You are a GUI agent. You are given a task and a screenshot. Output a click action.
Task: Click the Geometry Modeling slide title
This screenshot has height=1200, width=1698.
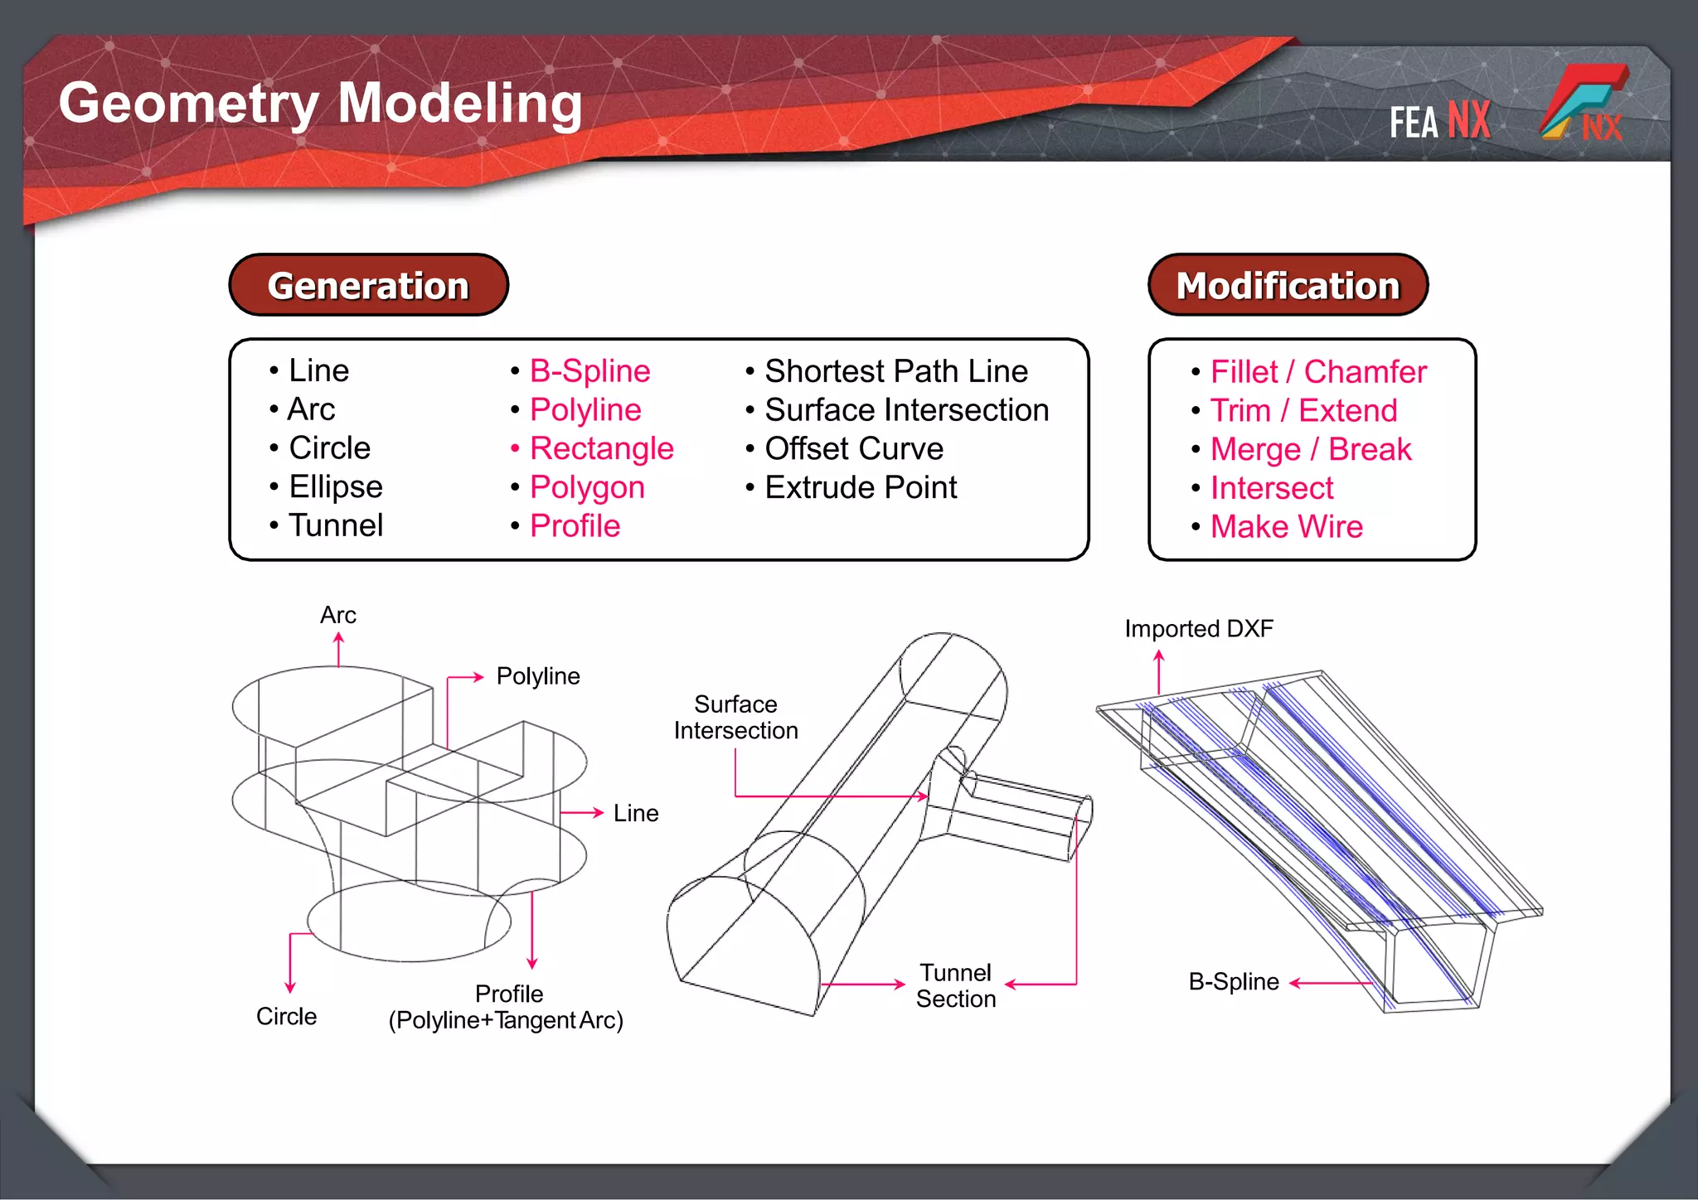pos(320,104)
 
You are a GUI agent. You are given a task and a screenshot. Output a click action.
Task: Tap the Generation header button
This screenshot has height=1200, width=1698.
pos(368,285)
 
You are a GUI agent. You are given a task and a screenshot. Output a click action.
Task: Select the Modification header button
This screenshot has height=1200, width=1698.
pos(1288,285)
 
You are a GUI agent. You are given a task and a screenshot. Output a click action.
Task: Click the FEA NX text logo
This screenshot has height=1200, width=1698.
pos(1440,121)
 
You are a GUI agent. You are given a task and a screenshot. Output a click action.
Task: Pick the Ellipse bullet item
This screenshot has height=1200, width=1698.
pos(335,486)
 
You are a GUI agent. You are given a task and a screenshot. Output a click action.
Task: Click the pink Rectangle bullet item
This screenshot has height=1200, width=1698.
pos(601,448)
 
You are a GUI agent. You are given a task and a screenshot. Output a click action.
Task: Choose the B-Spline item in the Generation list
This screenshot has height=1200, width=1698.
pos(589,370)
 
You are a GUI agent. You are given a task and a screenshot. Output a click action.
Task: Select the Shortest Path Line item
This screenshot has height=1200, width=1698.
pos(895,370)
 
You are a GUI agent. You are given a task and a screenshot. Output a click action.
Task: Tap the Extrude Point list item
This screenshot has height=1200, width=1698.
pos(861,487)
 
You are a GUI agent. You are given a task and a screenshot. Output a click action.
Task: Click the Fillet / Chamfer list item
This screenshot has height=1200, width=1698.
pos(1318,371)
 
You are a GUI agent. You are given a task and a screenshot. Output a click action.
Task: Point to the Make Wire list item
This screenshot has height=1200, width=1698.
pos(1286,526)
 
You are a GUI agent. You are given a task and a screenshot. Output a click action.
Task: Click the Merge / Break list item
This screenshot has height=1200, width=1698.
pos(1310,449)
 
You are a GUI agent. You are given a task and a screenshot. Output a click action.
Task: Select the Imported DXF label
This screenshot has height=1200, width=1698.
pos(1198,628)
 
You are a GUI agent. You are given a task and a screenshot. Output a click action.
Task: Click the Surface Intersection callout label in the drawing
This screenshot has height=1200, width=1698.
pos(735,717)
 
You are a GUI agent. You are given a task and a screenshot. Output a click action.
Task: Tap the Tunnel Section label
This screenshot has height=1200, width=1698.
pos(955,985)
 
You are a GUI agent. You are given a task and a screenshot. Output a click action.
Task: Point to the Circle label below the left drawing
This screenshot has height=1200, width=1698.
pos(286,1016)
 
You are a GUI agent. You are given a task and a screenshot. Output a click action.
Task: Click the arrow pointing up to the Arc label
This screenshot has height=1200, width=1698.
pos(338,649)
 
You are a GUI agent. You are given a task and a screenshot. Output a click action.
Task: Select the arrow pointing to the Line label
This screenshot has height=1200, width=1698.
pos(581,813)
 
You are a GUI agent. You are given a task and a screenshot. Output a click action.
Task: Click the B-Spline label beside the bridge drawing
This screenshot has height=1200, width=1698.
pos(1233,982)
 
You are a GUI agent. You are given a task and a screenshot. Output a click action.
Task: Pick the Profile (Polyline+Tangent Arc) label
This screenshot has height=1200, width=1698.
pos(506,1007)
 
